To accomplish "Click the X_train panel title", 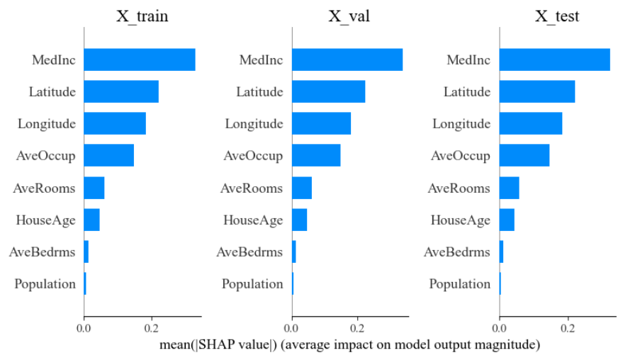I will tap(142, 16).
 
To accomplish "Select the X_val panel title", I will tap(350, 16).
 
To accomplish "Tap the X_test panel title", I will tap(556, 16).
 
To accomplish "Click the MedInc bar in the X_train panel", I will tap(140, 60).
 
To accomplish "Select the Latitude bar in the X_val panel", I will tap(328, 91).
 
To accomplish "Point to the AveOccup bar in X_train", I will tap(109, 155).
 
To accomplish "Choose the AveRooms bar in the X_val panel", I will tap(302, 188).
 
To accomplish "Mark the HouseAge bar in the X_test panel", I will tap(507, 220).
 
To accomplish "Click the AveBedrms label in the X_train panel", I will tap(42, 252).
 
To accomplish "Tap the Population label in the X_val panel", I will tap(252, 284).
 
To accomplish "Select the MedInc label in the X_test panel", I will tap(468, 60).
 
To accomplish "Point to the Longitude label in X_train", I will tap(47, 123).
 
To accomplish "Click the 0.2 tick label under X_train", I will tap(151, 329).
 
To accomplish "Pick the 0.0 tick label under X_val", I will tap(292, 329).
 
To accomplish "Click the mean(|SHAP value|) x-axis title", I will tap(350, 345).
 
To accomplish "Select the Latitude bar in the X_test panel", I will tap(537, 91).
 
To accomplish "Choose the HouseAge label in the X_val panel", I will tap(253, 220).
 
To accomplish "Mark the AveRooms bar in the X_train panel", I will tap(94, 188).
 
